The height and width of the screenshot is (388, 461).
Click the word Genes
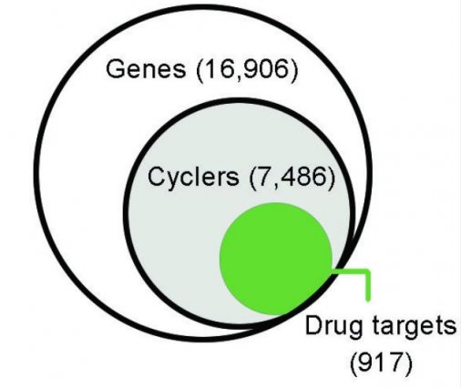pos(146,69)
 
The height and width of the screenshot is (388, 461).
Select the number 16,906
pos(247,70)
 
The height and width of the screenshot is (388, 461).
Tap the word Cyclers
pos(193,177)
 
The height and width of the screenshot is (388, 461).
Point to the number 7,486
pos(292,178)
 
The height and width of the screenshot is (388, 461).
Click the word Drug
pos(333,327)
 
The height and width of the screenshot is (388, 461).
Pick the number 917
pos(382,362)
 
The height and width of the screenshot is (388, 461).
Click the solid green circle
pos(276,259)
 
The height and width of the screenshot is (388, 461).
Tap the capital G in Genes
pos(116,69)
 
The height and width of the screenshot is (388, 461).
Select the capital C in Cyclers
pos(157,177)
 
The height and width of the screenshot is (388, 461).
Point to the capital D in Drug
pos(314,325)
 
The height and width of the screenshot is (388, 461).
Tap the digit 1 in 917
pos(380,362)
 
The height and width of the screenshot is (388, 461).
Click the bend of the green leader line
pos(368,271)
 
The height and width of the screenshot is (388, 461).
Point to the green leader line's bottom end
pos(368,300)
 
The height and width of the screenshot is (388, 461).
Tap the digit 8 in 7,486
pos(303,177)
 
